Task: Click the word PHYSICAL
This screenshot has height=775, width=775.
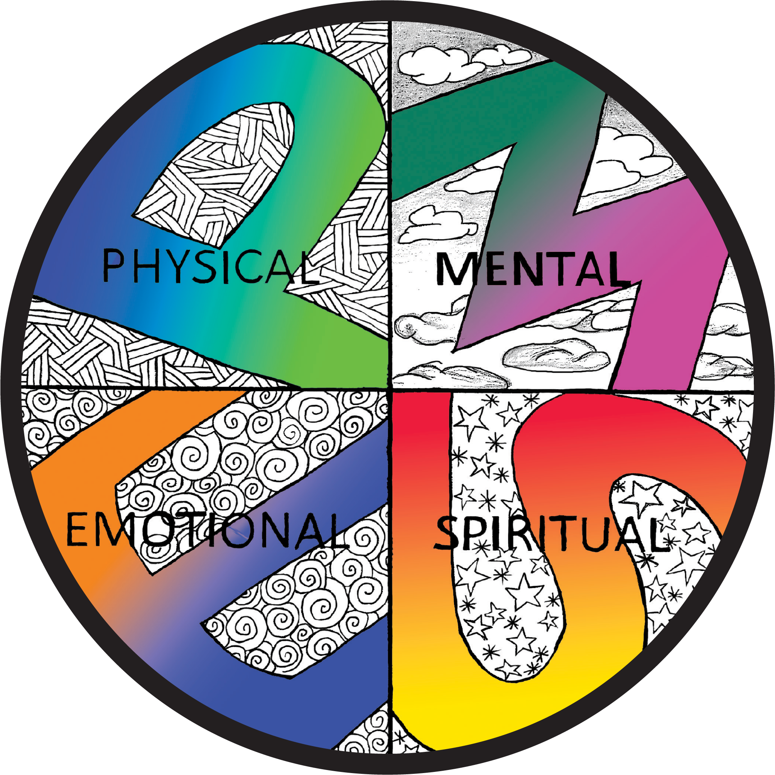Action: pyautogui.click(x=207, y=266)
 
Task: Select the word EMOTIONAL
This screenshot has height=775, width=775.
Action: pyautogui.click(x=207, y=531)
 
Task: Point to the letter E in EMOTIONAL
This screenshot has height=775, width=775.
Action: pyautogui.click(x=77, y=531)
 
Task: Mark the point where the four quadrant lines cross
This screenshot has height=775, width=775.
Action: pyautogui.click(x=390, y=390)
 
